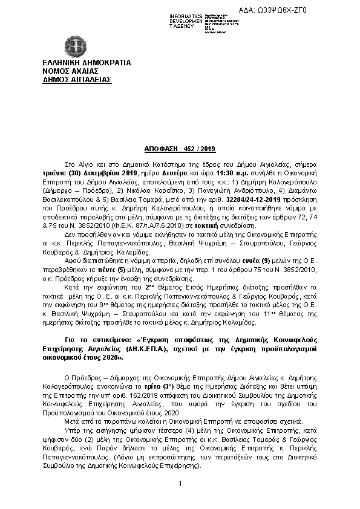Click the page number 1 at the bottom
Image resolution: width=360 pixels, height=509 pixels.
click(180, 483)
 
